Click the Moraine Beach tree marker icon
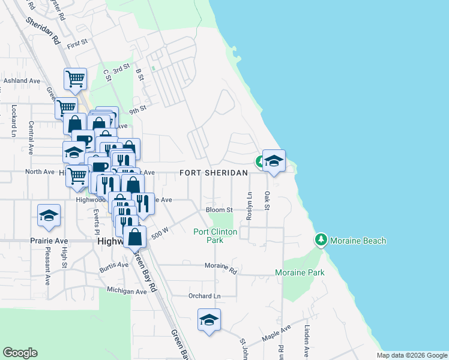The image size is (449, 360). (x=321, y=240)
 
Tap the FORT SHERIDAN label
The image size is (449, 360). (x=214, y=173)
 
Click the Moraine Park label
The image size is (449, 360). (x=300, y=272)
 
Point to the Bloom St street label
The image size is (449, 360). (x=219, y=210)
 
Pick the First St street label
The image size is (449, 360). (x=77, y=44)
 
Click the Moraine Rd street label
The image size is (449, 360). (x=221, y=265)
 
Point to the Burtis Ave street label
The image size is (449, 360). (x=114, y=265)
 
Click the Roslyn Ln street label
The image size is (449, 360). (x=249, y=206)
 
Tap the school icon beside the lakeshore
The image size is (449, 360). (x=274, y=161)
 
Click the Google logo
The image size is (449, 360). (x=20, y=353)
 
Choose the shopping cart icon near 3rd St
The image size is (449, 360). (x=75, y=79)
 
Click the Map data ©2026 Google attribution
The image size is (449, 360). (x=412, y=355)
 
